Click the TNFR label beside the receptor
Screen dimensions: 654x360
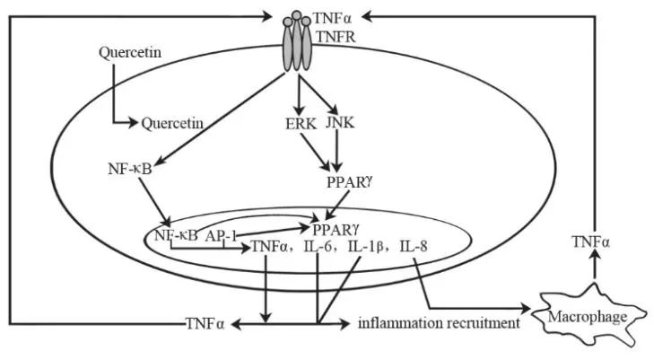click(x=336, y=37)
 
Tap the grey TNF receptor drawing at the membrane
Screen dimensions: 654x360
click(x=297, y=40)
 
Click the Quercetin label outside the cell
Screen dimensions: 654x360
click(x=130, y=53)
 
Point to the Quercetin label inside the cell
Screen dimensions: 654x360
click(x=172, y=124)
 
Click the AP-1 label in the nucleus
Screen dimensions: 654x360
click(x=221, y=236)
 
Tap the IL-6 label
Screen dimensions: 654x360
click(x=318, y=247)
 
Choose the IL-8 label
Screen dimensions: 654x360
click(x=414, y=247)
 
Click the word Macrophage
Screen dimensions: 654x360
click(x=588, y=317)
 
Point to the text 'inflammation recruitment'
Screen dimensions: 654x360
click(x=440, y=323)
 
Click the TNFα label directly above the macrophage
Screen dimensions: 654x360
click(x=591, y=242)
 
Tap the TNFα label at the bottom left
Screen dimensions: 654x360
click(x=205, y=324)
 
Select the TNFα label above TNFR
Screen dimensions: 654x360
click(x=333, y=18)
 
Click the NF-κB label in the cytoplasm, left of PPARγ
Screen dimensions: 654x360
click(x=129, y=169)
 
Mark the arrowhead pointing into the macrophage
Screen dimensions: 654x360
click(x=525, y=309)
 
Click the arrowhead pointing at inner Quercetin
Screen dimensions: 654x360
click(x=132, y=123)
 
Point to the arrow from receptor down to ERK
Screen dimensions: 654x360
click(x=298, y=94)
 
